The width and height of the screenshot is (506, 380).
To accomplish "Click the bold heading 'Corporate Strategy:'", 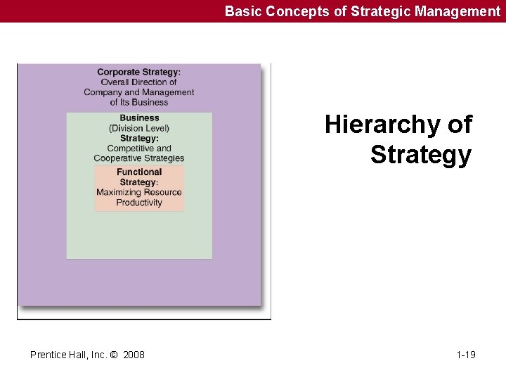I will [138, 72].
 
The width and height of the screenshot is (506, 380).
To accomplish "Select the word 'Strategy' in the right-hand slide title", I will [420, 155].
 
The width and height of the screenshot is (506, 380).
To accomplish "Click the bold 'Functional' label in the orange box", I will [139, 172].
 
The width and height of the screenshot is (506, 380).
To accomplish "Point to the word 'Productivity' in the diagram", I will [139, 203].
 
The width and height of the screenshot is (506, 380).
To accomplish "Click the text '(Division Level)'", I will [139, 128].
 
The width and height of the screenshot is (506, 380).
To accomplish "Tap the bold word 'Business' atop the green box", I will [139, 118].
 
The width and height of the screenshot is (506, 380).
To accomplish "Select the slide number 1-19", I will [466, 355].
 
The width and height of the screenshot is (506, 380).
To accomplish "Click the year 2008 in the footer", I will [134, 355].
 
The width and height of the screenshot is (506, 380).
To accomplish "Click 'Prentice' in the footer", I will [48, 355].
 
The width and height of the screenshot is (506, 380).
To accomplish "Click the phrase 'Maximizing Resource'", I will [139, 193].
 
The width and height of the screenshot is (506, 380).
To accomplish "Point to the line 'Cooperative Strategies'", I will [139, 158].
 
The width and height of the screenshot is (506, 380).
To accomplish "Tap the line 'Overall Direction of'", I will [138, 82].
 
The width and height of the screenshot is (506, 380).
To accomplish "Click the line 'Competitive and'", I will [139, 148].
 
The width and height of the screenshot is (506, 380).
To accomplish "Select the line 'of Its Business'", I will [139, 102].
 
